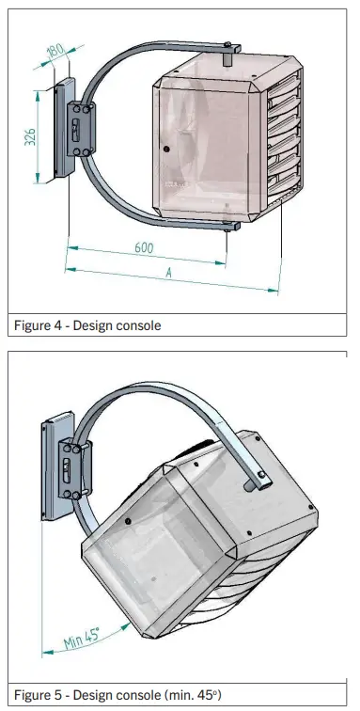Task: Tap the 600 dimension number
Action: [x=143, y=249]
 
